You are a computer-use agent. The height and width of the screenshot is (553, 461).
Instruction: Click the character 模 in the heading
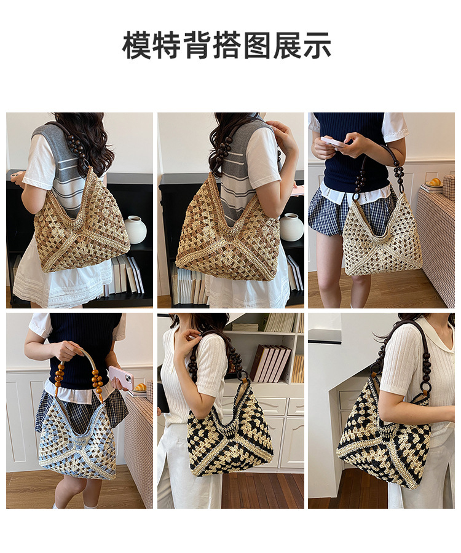click(137, 45)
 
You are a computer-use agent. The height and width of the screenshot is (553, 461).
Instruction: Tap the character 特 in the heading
click(167, 45)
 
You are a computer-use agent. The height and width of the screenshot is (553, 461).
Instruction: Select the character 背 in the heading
click(197, 45)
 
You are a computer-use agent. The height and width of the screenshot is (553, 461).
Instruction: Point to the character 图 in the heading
click(257, 45)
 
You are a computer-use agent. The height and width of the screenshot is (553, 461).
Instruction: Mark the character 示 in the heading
click(317, 45)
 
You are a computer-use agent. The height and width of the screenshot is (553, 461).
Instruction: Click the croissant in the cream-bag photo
click(435, 182)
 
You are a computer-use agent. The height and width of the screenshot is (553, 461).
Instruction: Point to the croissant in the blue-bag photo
click(140, 387)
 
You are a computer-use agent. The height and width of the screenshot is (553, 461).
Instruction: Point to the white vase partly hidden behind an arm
click(291, 227)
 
